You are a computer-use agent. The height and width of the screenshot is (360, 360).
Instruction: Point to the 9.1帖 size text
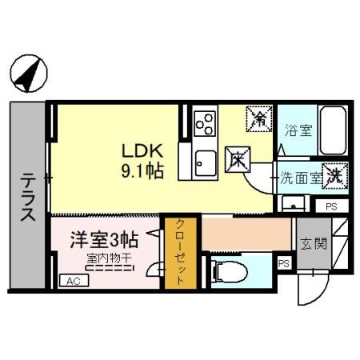click(x=142, y=170)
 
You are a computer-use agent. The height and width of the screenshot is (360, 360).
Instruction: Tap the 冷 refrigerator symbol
click(x=259, y=119)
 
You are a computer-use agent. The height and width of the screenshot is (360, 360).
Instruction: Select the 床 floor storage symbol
click(x=238, y=158)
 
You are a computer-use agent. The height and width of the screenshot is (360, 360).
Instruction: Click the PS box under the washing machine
click(x=331, y=206)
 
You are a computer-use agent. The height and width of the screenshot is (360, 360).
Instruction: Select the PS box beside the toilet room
click(x=283, y=263)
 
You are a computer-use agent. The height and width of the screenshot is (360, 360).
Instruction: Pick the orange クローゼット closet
click(x=179, y=252)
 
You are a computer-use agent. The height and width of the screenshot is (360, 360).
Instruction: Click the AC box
click(x=73, y=281)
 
